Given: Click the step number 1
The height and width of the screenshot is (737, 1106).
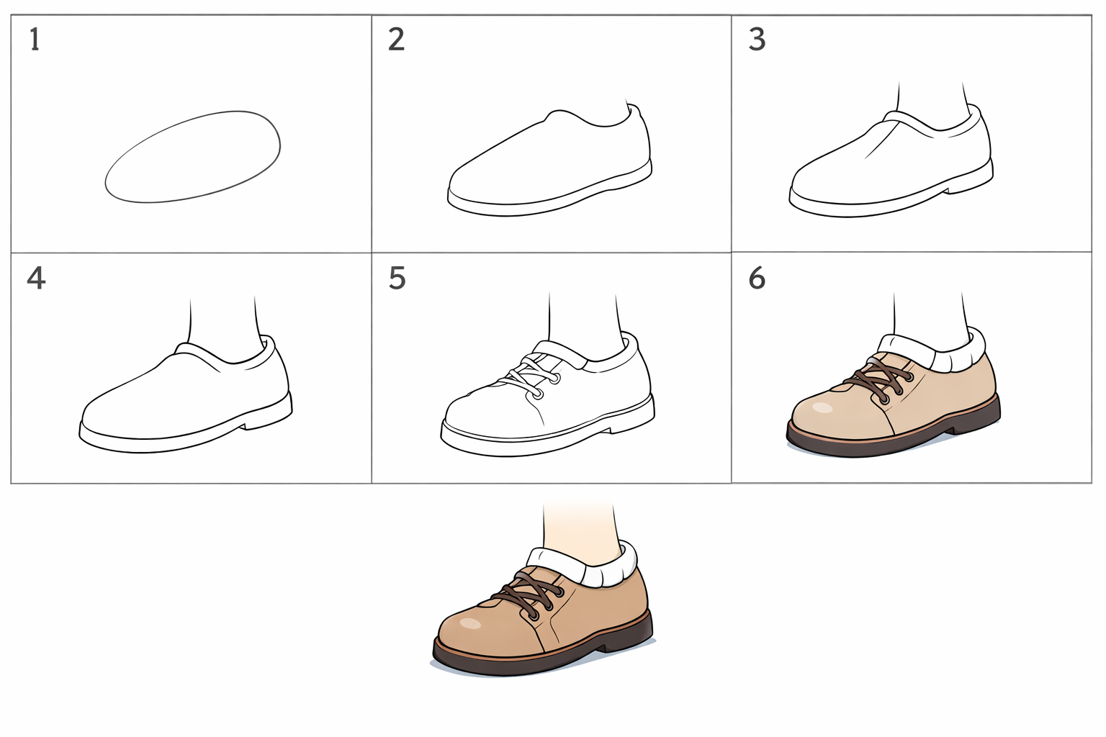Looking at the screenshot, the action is pos(35,39).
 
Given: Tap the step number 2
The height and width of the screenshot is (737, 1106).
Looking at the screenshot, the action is pos(396,39).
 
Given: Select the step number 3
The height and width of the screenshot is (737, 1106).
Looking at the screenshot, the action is pos(757,39).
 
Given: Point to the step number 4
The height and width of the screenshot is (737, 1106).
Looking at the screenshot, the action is pos(36,278).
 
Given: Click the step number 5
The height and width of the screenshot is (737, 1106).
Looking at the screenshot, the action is pos(397,278).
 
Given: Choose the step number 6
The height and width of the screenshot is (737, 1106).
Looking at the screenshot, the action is pos(757,278).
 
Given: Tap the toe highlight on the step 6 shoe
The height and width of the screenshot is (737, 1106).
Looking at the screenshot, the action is pos(822,408).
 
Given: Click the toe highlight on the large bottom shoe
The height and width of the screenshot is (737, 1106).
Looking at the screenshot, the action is pos(470,623).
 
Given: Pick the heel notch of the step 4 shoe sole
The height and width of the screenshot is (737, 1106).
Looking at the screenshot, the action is pos(246,425).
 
